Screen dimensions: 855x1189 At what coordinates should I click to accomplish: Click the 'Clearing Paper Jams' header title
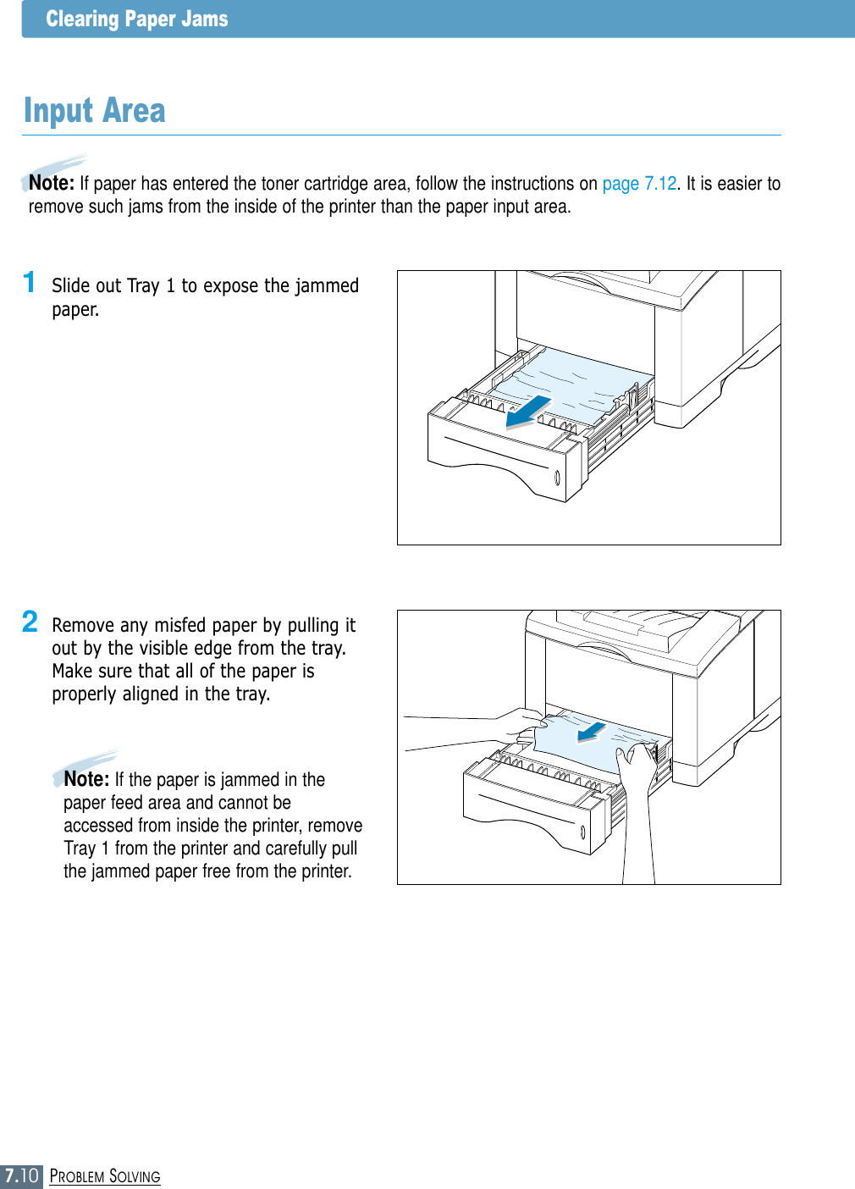(x=136, y=19)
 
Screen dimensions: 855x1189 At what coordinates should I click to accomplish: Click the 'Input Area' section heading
(x=94, y=111)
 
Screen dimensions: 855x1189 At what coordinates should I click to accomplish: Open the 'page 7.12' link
(x=639, y=184)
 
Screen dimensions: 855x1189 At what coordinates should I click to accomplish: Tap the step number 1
(x=30, y=282)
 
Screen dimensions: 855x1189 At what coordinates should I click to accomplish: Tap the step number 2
(x=30, y=622)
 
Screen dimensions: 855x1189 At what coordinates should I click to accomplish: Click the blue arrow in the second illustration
(x=592, y=731)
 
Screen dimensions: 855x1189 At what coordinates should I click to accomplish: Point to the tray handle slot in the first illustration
(x=557, y=478)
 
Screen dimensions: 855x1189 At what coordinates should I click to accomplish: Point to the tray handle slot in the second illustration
(x=583, y=834)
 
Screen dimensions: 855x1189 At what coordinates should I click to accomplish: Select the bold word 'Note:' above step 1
(x=52, y=183)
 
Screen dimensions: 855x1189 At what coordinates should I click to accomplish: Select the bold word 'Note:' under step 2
(x=86, y=779)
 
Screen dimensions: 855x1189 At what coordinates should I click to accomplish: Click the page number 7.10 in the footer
(x=21, y=1175)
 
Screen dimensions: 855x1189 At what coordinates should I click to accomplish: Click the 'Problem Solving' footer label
(x=105, y=1176)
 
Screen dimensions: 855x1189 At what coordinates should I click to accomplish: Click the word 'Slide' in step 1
(x=69, y=286)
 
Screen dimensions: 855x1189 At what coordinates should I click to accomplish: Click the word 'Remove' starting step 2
(x=82, y=626)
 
